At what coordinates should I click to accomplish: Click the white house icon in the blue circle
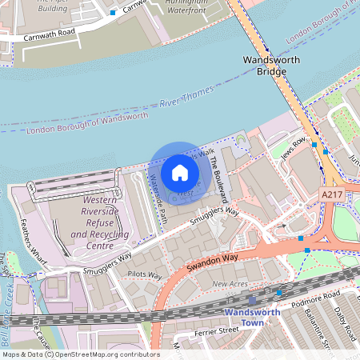pyautogui.click(x=180, y=172)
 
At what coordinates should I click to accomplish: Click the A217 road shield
pyautogui.click(x=332, y=194)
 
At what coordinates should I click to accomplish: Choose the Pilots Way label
pyautogui.click(x=144, y=275)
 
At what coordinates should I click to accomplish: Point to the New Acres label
pyautogui.click(x=230, y=284)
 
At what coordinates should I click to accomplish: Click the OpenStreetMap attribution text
pyautogui.click(x=81, y=354)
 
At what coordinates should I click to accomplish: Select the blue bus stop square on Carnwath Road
pyautogui.click(x=113, y=13)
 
